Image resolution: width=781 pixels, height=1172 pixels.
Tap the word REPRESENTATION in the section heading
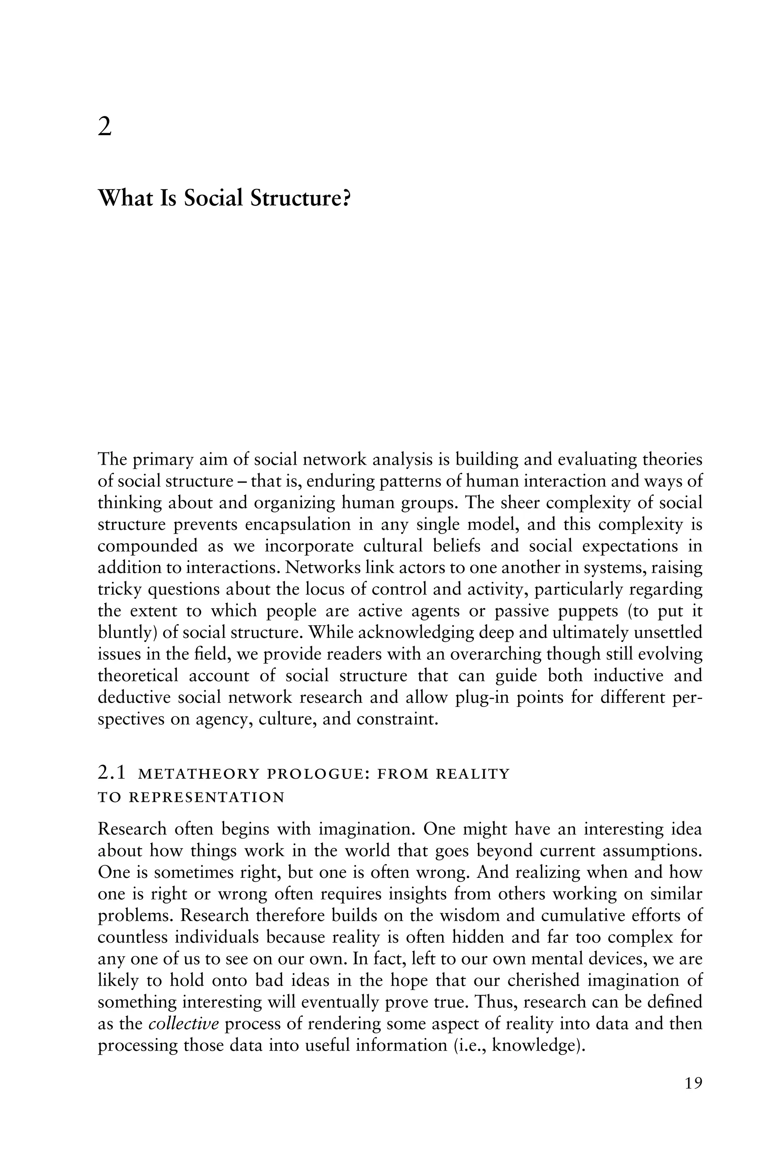(206, 797)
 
